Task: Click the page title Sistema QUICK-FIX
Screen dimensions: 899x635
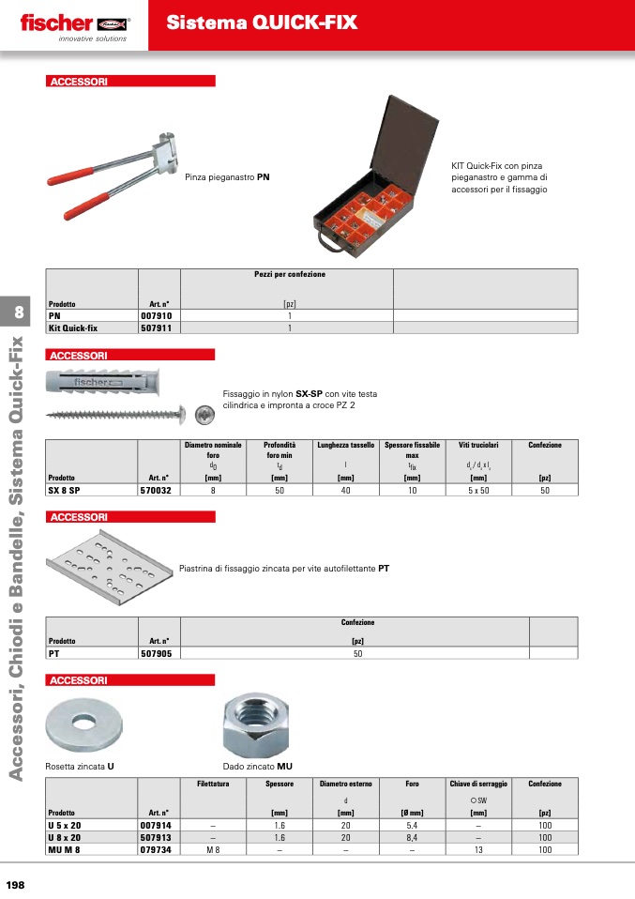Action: pos(262,23)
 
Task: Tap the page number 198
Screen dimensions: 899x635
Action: pos(15,885)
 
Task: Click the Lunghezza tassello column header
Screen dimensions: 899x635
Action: pos(346,445)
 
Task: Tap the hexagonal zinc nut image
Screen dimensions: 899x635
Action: pos(256,724)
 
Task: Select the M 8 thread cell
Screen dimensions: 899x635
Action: pos(213,849)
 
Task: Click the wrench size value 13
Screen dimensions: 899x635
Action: pos(478,849)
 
